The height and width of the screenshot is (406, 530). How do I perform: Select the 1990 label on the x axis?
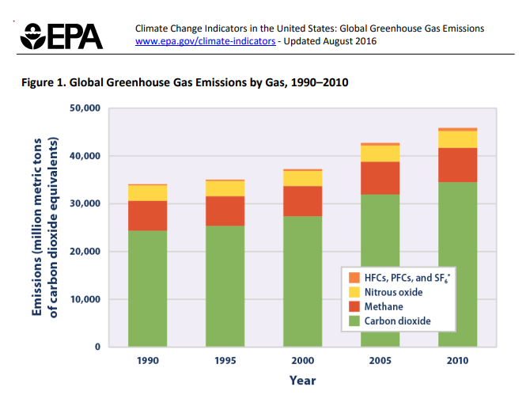pos(148,360)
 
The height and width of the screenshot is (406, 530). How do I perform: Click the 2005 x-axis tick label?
pos(380,360)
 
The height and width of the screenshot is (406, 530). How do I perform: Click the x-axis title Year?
pos(302,381)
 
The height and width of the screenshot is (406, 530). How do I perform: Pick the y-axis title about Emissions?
pos(46,227)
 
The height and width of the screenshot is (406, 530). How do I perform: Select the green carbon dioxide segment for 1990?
pos(148,289)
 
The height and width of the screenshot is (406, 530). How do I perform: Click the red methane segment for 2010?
pos(457,165)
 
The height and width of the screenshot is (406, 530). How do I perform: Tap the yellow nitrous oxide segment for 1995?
pos(225,188)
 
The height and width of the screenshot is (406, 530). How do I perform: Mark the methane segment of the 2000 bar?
pos(302,201)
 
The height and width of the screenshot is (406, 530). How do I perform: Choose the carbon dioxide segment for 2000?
pos(302,281)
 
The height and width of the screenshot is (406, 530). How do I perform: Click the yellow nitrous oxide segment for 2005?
pos(380,154)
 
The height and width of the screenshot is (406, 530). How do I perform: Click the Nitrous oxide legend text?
pos(393,292)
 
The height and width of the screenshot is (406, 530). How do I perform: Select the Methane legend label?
pos(384,306)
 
